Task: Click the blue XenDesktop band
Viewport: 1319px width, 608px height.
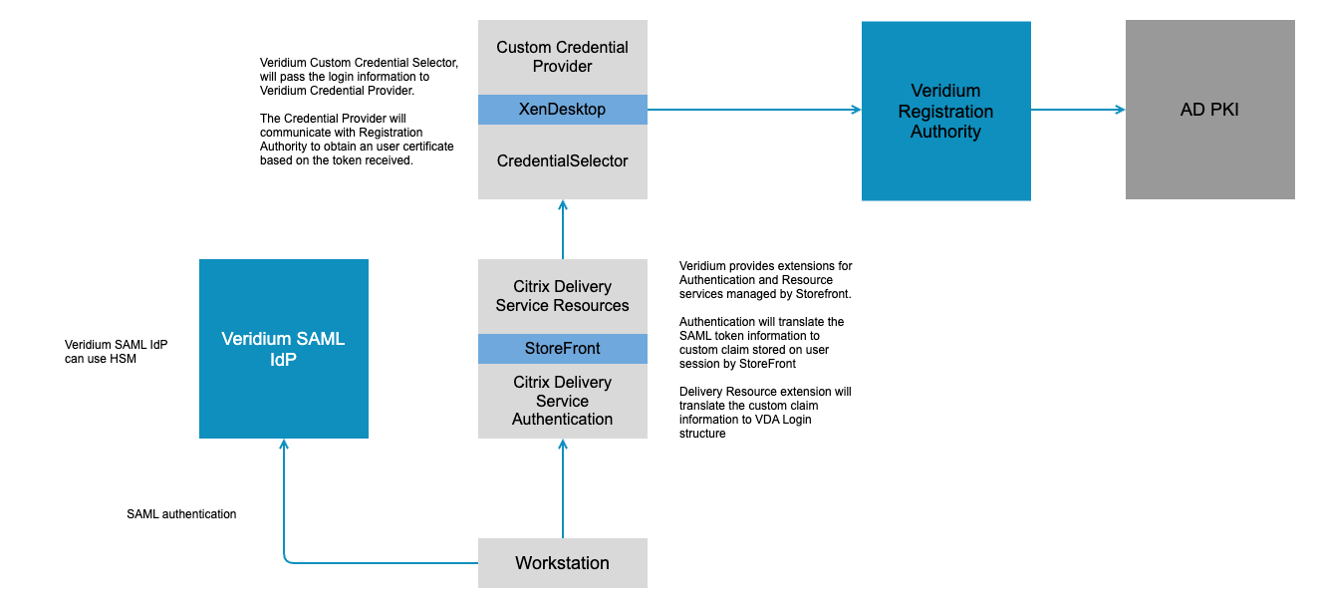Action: (x=563, y=110)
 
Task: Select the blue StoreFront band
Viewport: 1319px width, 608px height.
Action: (x=563, y=349)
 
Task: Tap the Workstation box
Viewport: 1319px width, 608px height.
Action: (x=563, y=563)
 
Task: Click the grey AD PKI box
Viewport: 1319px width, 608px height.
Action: (x=1209, y=110)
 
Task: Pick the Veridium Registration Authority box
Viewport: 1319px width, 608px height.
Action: (x=945, y=111)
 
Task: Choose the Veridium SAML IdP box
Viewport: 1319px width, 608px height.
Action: (x=283, y=349)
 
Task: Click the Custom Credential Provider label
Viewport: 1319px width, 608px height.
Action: (x=563, y=57)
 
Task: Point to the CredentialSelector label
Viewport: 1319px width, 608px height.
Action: (x=563, y=160)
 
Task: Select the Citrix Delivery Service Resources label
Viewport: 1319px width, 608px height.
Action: (x=563, y=296)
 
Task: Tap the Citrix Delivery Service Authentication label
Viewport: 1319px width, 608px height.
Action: (x=563, y=401)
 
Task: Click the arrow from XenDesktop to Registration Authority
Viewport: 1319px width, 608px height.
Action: (x=754, y=110)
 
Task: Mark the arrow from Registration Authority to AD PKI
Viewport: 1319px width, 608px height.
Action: (x=1078, y=110)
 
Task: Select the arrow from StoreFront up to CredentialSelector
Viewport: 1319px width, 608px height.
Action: (x=563, y=229)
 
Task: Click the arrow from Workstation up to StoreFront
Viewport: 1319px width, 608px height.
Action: (x=563, y=488)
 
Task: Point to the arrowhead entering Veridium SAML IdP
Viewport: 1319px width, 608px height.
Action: (x=284, y=447)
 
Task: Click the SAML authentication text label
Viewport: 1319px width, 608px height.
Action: (x=181, y=514)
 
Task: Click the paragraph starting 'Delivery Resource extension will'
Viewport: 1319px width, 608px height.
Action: (x=765, y=413)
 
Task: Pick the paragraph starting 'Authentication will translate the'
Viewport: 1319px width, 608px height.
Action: (x=762, y=343)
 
